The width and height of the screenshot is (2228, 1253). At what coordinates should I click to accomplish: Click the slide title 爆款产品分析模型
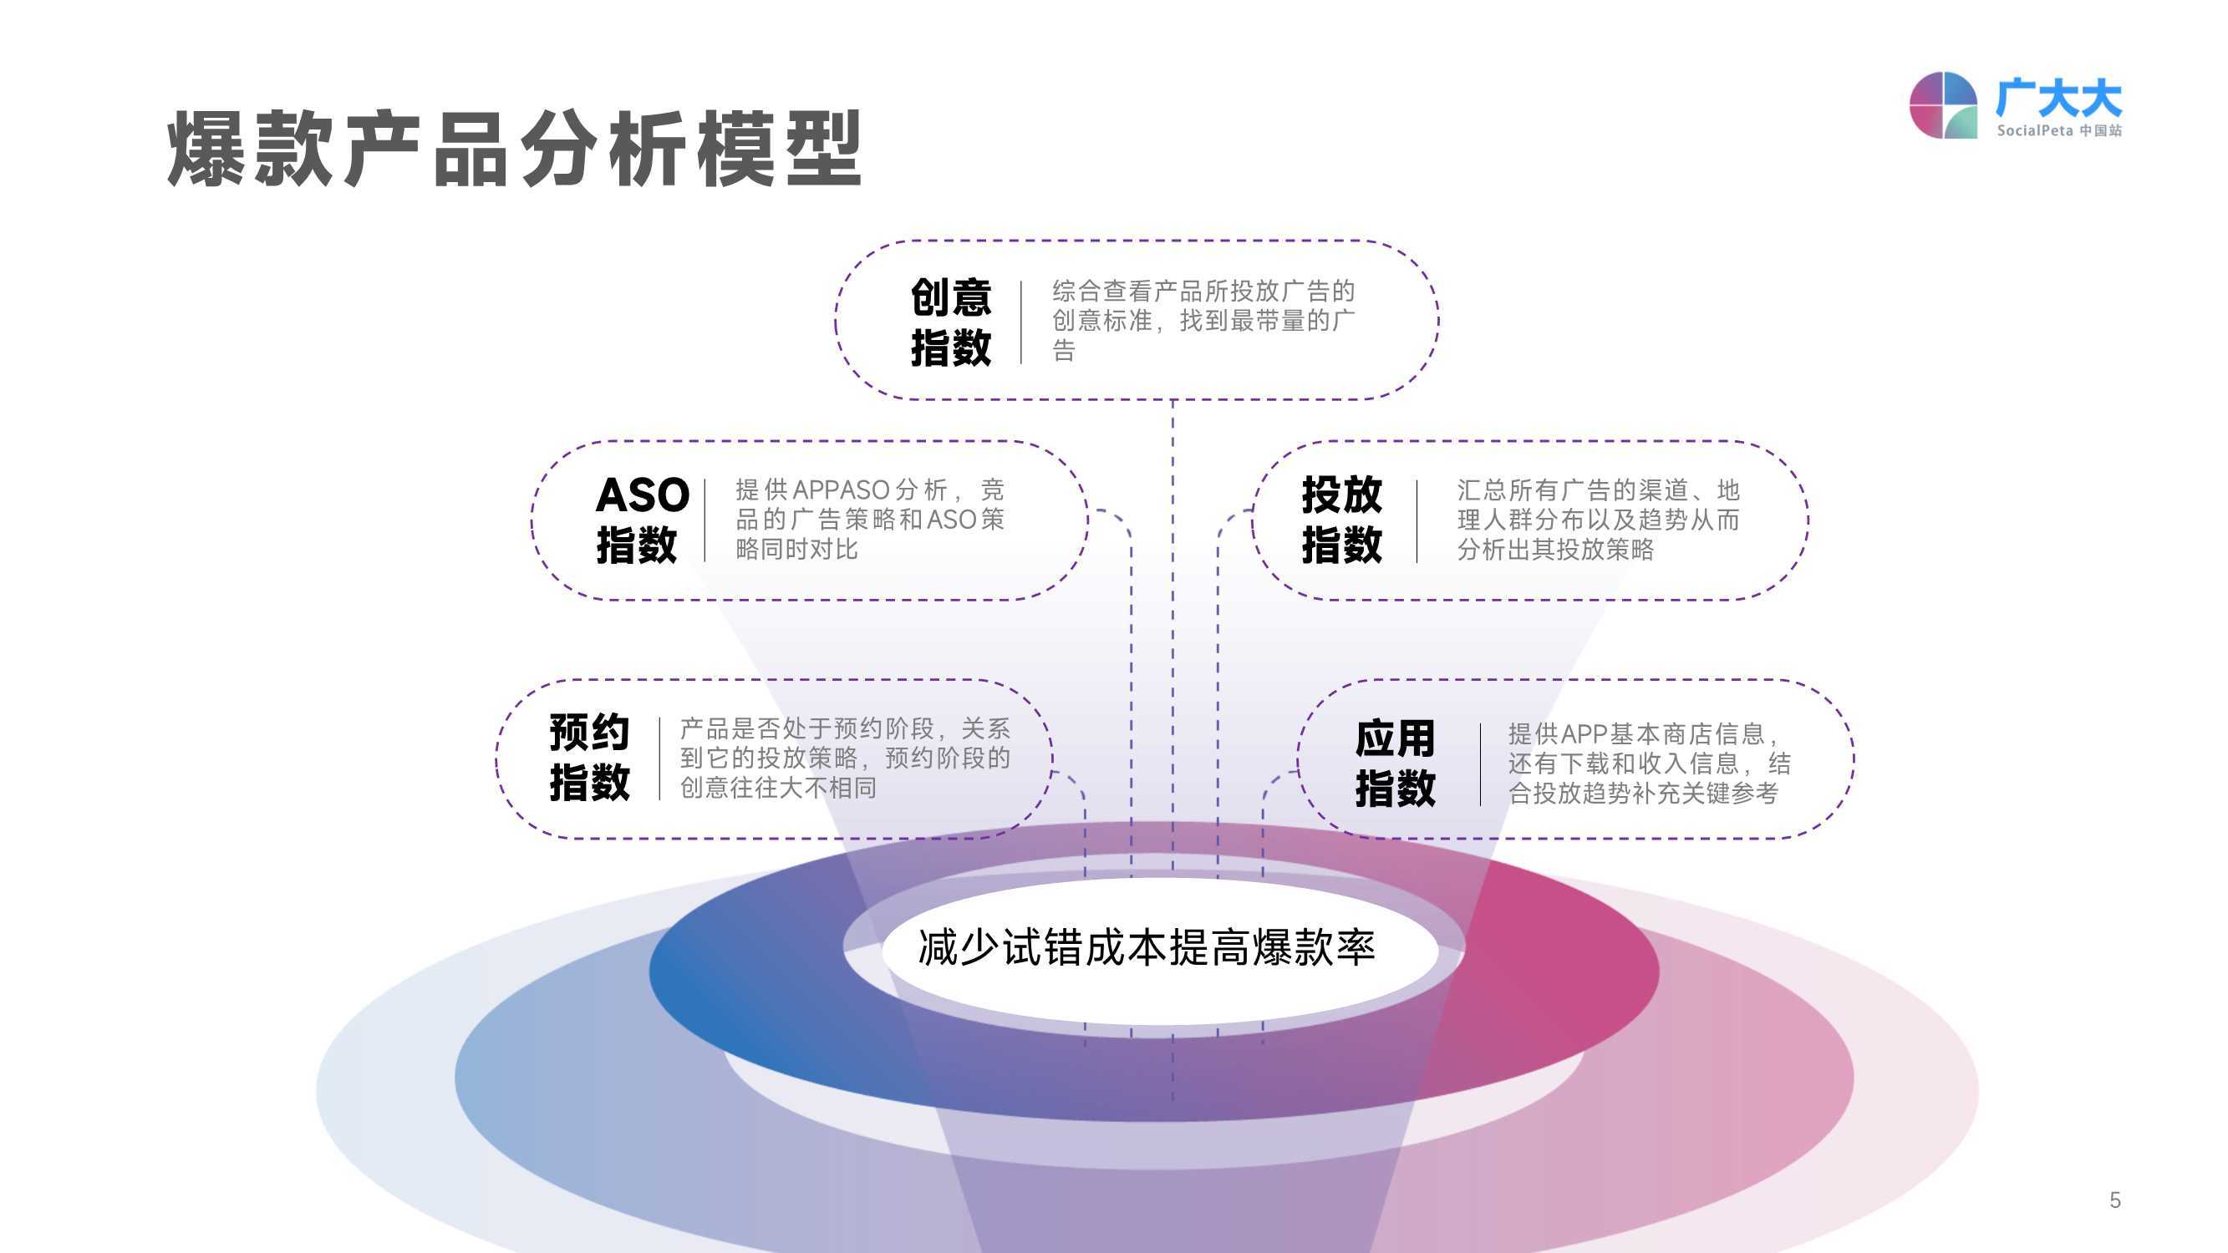[x=515, y=148]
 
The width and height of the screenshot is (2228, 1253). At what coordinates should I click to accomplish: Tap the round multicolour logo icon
[x=1942, y=105]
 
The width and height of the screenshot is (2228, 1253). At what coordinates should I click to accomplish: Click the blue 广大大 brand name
[x=2058, y=98]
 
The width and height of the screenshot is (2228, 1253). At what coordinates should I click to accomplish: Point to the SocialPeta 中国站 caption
[x=2058, y=130]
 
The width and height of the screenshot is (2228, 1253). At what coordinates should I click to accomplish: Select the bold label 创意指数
[x=950, y=322]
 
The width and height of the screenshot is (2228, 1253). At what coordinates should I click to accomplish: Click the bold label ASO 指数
[x=642, y=519]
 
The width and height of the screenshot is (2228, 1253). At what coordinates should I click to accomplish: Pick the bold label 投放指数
[x=1341, y=519]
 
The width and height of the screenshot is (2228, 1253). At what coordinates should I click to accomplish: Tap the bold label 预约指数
[x=589, y=758]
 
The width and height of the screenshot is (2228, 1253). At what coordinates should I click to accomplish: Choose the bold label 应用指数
[x=1395, y=763]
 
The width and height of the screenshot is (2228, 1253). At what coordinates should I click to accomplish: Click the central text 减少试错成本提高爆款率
[x=1146, y=948]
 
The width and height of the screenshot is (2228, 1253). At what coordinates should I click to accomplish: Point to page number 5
[x=2114, y=1200]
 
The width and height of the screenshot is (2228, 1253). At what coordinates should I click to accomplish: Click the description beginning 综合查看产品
[x=1203, y=321]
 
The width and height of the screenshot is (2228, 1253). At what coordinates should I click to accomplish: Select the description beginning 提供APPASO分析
[x=870, y=519]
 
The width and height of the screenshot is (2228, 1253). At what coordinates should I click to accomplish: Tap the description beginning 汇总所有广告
[x=1599, y=519]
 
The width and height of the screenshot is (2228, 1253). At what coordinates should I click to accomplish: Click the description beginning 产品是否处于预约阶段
[x=845, y=758]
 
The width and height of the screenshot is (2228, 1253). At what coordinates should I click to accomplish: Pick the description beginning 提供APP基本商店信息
[x=1650, y=763]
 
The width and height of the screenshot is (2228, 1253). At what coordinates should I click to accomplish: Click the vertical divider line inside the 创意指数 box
[x=1021, y=322]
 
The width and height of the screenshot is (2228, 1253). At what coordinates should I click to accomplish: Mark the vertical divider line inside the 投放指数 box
[x=1417, y=520]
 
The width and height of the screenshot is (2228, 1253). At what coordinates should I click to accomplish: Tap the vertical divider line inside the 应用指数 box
[x=1481, y=764]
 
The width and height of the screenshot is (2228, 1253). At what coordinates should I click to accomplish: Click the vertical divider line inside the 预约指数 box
[x=660, y=758]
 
